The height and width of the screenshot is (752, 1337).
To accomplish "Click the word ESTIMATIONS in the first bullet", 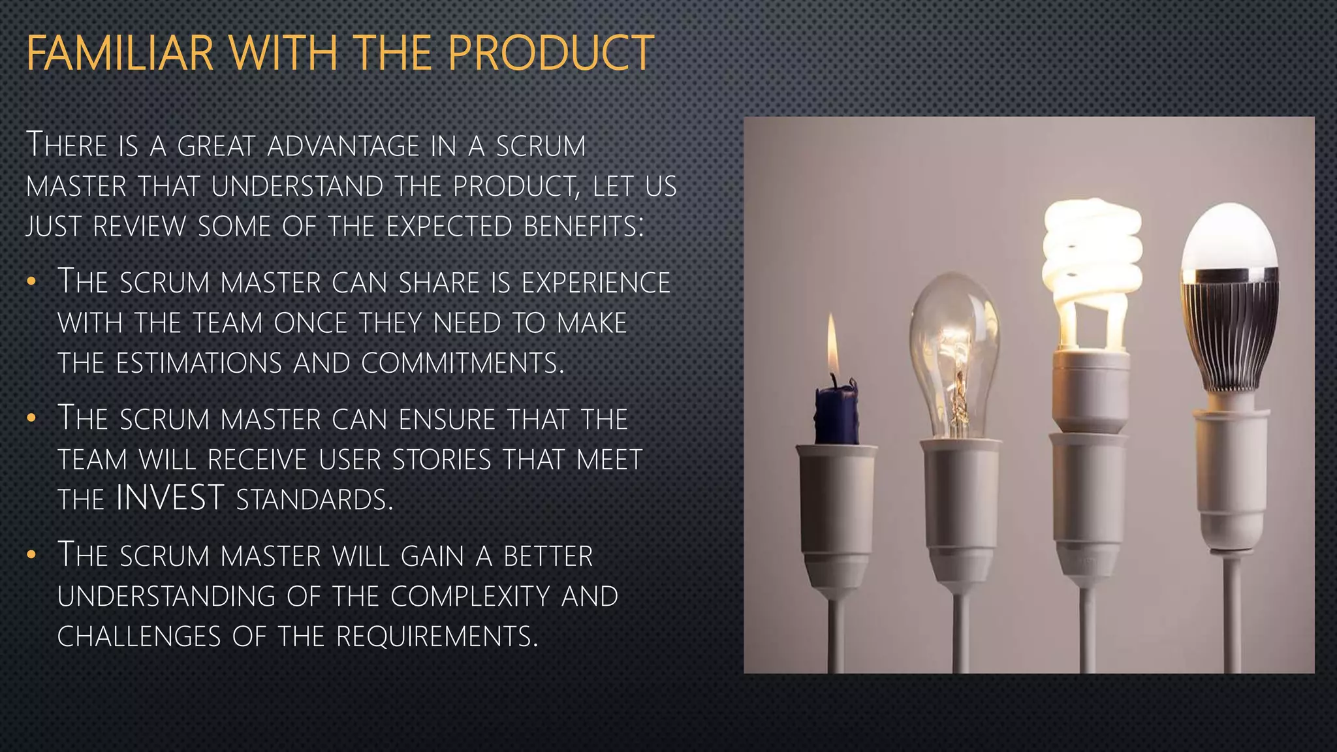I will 198,364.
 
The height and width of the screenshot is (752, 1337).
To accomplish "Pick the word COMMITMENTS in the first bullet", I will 462,364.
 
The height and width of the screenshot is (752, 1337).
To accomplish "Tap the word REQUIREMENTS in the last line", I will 437,636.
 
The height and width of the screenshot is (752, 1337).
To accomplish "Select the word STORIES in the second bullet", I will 441,460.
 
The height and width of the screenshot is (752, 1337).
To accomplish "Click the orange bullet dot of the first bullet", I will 31,282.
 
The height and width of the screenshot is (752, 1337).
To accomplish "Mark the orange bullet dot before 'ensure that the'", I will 31,419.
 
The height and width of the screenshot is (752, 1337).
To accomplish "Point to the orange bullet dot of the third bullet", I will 31,556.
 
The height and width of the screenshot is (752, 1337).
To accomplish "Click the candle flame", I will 832,346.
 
